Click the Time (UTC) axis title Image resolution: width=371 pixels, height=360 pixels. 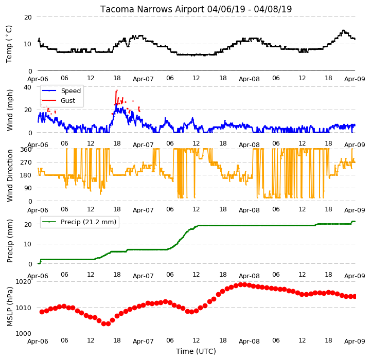coord(196,351)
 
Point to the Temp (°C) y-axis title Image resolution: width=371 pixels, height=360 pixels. coord(9,44)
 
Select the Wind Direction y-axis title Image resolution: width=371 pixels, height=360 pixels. coord(10,175)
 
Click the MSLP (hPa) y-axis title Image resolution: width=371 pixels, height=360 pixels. coord(10,307)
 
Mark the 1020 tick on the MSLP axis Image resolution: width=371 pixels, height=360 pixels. coord(24,281)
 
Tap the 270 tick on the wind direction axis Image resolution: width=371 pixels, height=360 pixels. coord(26,163)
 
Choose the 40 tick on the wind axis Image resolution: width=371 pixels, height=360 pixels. coord(27,87)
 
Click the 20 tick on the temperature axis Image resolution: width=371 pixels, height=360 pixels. coord(28,17)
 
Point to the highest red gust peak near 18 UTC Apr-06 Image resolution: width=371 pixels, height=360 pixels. coord(117,91)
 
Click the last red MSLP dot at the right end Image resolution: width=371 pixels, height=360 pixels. coord(355,297)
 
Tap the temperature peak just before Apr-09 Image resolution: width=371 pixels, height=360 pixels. coord(344,30)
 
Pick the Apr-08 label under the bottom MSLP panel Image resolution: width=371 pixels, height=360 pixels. coord(249,341)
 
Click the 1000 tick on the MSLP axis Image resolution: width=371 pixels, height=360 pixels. coord(24,333)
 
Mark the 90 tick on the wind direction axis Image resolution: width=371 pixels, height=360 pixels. coord(27,188)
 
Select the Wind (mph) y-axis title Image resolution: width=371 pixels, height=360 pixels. coord(10,110)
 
